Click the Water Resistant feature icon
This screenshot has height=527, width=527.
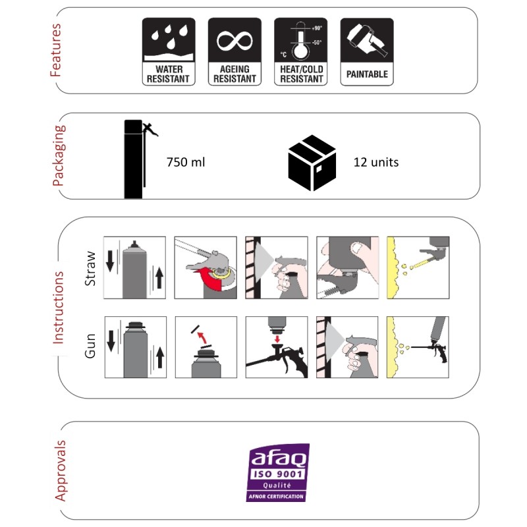click(169, 52)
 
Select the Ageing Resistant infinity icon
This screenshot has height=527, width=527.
click(235, 52)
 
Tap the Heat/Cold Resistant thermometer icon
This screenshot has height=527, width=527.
click(301, 52)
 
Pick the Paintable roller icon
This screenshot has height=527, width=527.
click(367, 52)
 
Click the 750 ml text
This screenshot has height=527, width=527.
click(186, 162)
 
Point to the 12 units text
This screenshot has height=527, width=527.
click(376, 162)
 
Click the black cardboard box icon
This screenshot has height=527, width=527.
click(312, 163)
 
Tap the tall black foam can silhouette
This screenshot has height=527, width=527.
click(134, 159)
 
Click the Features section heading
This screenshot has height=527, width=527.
click(56, 50)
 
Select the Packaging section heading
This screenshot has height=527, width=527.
click(59, 155)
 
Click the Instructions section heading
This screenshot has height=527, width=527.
click(58, 308)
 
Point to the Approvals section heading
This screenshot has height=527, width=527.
click(60, 470)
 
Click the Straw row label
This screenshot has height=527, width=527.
click(90, 269)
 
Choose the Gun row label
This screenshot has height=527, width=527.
click(90, 346)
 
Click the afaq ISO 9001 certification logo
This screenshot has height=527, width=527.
click(277, 472)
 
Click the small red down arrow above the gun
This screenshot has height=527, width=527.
click(277, 338)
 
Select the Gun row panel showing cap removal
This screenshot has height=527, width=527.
click(206, 347)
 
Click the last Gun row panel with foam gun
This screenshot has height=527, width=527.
click(418, 347)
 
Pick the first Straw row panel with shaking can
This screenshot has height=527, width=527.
click(134, 267)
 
